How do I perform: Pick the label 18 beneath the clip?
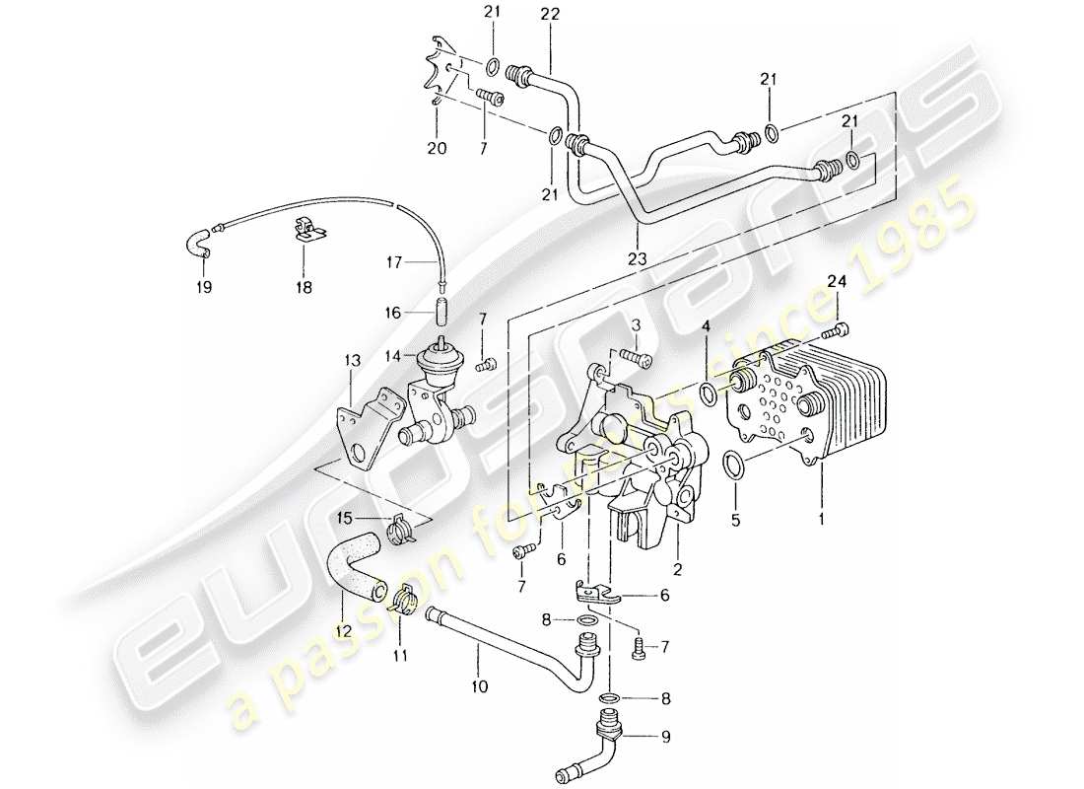[303, 287]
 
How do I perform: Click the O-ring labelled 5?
[733, 465]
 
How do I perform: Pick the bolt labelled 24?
[840, 328]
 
